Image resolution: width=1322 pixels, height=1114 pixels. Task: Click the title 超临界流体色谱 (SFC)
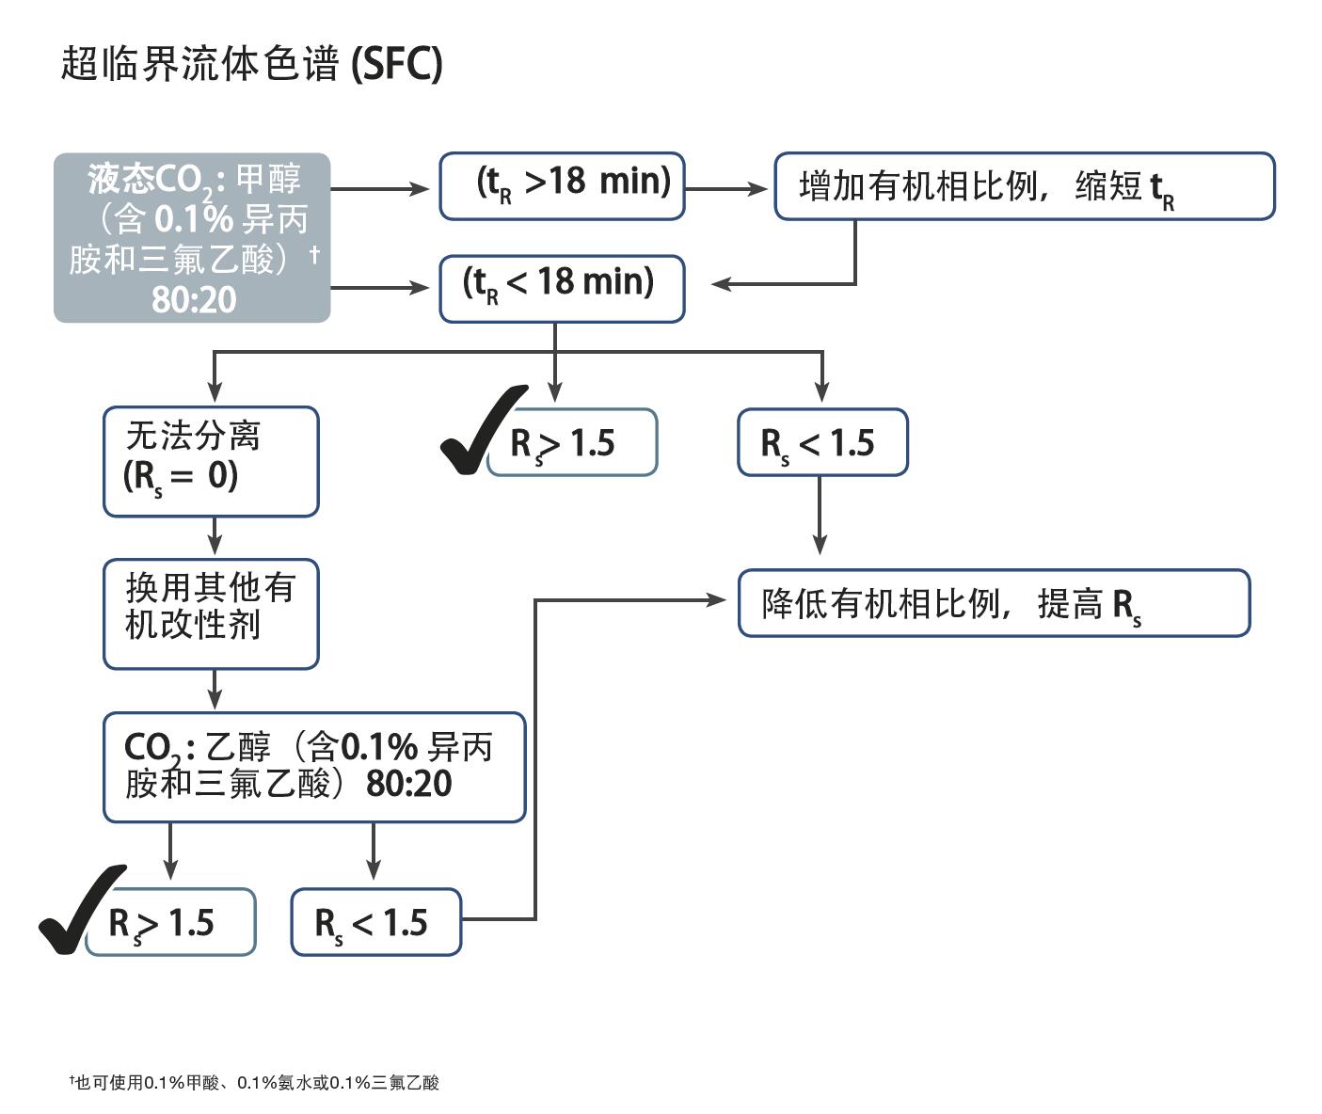click(251, 65)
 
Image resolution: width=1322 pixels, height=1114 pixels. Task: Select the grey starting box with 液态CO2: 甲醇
click(192, 238)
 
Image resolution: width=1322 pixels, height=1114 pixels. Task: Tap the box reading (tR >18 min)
click(562, 186)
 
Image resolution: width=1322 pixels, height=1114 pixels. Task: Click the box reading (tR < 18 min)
click(562, 289)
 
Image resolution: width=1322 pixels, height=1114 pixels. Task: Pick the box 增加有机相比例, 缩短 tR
click(1024, 186)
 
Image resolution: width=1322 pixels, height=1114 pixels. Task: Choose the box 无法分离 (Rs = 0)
click(211, 461)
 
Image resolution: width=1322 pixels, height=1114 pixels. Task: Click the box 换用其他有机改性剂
click(211, 613)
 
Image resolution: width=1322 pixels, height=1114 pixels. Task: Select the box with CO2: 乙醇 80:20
click(313, 767)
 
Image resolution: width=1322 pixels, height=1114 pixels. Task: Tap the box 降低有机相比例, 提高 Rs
click(994, 603)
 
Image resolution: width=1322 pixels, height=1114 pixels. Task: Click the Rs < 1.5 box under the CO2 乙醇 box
click(375, 922)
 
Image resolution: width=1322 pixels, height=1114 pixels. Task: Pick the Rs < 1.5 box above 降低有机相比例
click(822, 442)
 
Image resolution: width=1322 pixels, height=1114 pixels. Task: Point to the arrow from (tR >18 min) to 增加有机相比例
click(726, 188)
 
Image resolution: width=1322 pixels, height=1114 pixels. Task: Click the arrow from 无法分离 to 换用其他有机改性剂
click(215, 537)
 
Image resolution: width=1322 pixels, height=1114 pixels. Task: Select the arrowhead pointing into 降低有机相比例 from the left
click(716, 599)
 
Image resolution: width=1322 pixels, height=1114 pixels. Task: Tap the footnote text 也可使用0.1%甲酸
click(254, 1083)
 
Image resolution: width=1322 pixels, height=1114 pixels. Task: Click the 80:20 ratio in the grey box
click(194, 299)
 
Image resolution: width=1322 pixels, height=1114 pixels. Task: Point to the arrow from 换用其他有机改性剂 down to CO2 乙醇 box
click(215, 691)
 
